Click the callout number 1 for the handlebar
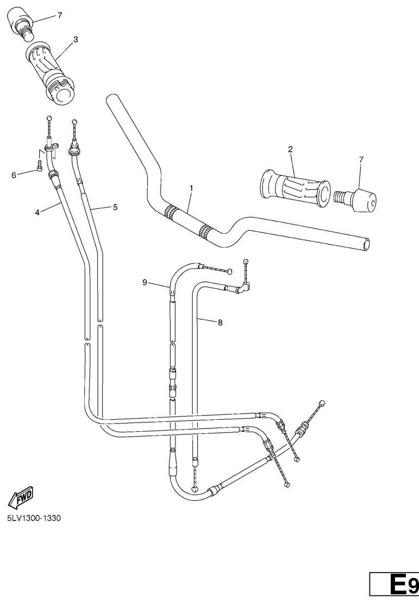tap(191, 188)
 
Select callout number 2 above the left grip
tap(290, 149)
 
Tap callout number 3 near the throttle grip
tap(76, 39)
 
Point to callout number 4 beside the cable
tap(37, 212)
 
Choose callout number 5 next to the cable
tap(115, 207)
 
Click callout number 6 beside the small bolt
tap(14, 176)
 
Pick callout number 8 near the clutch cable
tap(220, 322)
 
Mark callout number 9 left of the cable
tap(145, 283)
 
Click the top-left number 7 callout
tap(60, 15)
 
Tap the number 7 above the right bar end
tap(361, 159)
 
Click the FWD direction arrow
tap(21, 496)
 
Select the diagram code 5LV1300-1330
tap(34, 518)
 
